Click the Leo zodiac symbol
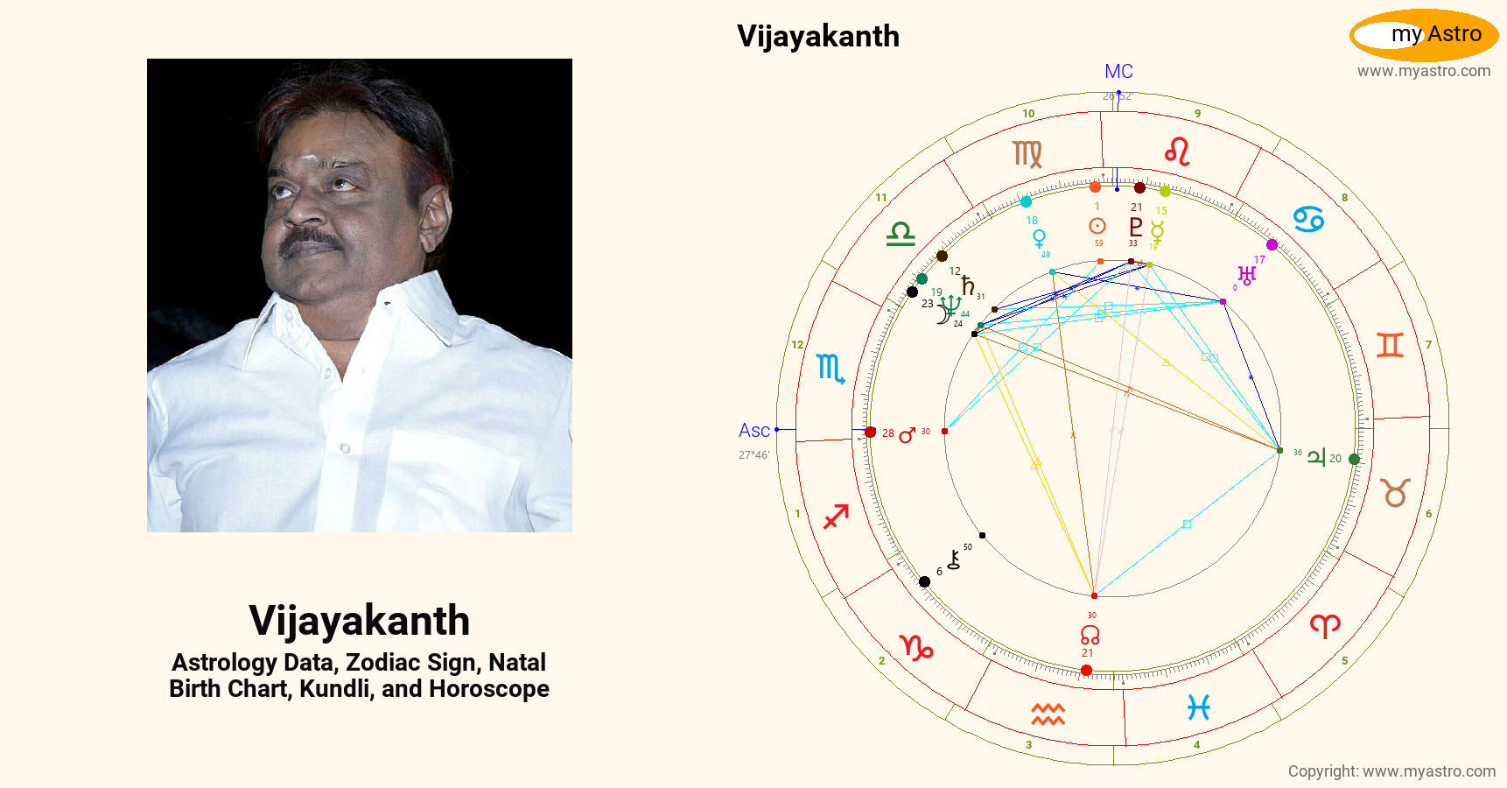pos(1177,151)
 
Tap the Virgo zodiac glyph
pos(1027,154)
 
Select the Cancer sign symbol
pos(1308,218)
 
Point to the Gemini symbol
pos(1390,345)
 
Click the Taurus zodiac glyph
pos(1395,493)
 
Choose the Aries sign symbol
pos(1325,625)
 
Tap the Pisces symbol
pos(1198,707)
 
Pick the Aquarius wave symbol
pos(1048,714)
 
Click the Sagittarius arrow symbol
pos(837,517)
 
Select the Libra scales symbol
pos(901,234)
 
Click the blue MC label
pos(1118,72)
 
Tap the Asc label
pos(753,431)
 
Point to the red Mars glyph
pos(907,434)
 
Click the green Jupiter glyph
pos(1316,457)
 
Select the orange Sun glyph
pos(1097,226)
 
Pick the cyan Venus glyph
pos(1039,238)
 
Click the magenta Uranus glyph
pos(1247,276)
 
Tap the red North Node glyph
pos(1090,635)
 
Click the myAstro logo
pos(1424,35)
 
